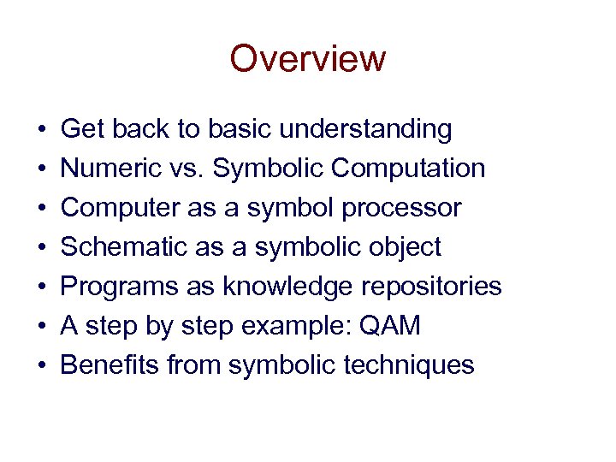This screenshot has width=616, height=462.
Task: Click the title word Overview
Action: [x=308, y=59]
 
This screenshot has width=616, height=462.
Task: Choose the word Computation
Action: [x=408, y=169]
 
